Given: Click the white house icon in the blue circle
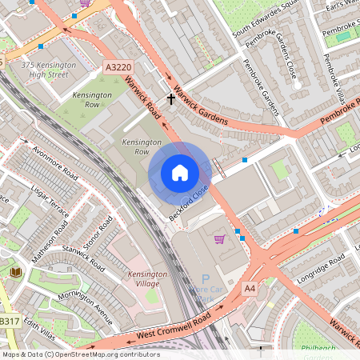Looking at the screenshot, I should click(x=179, y=173).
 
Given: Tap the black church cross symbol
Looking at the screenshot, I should click(x=170, y=99).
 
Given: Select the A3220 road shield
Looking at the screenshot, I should click(x=118, y=69).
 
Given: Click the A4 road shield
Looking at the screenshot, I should click(x=250, y=287).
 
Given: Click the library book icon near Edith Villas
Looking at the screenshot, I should click(x=15, y=273).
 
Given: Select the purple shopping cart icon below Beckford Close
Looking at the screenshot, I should click(x=218, y=238).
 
